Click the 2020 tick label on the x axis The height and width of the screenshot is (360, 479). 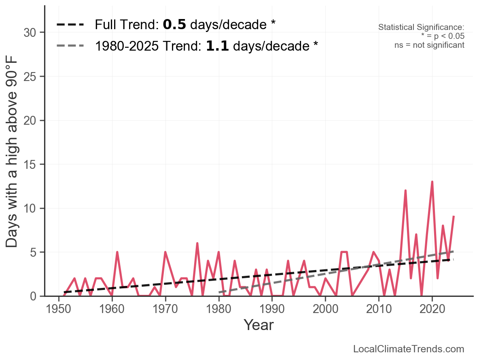tap(432, 310)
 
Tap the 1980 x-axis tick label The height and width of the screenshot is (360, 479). tap(219, 310)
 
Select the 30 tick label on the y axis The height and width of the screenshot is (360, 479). tap(31, 33)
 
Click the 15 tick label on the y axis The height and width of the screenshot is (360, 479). tap(31, 165)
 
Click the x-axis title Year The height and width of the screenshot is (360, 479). tap(259, 325)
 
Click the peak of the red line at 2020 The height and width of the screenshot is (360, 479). tap(432, 182)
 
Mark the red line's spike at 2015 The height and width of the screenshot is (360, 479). tap(405, 190)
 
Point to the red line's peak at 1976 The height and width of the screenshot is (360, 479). tap(197, 243)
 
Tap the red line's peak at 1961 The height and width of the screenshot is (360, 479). tap(117, 252)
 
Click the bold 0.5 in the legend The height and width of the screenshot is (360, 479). tap(174, 25)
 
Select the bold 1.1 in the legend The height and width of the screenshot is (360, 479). tap(217, 46)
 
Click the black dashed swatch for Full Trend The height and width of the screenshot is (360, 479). tap(70, 25)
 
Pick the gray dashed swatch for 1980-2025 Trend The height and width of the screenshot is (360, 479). tap(70, 46)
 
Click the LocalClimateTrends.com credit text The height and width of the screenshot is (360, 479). tap(409, 349)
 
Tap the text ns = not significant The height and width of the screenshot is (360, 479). tap(429, 45)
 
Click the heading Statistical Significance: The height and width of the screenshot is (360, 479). tap(421, 27)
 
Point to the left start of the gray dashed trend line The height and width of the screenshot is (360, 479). tap(219, 292)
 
